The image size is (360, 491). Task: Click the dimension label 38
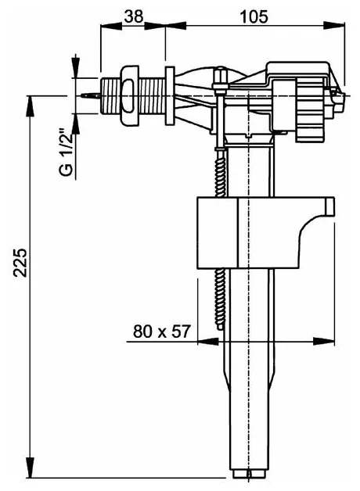point(134,16)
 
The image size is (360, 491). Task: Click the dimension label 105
point(254,16)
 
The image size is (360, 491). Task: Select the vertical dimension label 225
point(20,263)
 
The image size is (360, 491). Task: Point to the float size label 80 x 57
point(162,331)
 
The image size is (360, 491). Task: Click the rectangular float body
point(249,233)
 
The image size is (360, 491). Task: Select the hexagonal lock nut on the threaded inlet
point(129,95)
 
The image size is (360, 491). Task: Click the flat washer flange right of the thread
point(170,96)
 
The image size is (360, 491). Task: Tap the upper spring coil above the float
point(220,172)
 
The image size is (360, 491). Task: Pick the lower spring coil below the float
point(221,299)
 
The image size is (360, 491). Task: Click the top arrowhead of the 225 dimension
point(30,106)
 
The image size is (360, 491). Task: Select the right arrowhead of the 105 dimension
point(334,25)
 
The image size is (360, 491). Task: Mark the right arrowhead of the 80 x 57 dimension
point(324,341)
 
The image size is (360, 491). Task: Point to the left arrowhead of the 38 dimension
point(110,25)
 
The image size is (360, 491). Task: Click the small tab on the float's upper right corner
point(329,206)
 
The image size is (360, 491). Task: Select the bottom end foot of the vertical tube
point(249,473)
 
